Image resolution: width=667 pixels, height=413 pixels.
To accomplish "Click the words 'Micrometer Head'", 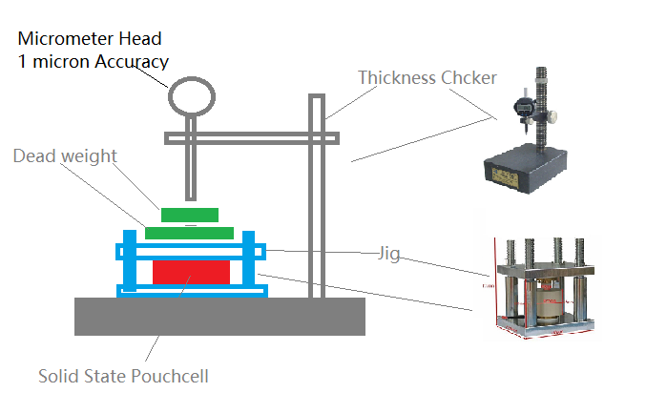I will tap(90, 39).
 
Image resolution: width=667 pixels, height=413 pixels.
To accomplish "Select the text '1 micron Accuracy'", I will tap(93, 61).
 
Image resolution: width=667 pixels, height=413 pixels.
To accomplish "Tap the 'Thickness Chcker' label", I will tap(427, 77).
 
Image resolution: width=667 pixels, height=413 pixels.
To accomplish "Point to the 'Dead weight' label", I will tap(65, 155).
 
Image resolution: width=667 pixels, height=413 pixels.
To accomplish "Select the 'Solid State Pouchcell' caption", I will tap(123, 376).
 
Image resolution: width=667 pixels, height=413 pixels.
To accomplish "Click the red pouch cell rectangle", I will tap(191, 271).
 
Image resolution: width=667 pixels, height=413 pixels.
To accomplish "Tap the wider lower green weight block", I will tap(189, 232).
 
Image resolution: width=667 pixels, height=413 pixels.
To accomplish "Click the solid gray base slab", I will tap(219, 316).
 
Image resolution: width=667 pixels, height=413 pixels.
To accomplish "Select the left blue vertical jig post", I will tap(132, 262).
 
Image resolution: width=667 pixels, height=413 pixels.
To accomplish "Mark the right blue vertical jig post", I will tap(249, 262).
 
